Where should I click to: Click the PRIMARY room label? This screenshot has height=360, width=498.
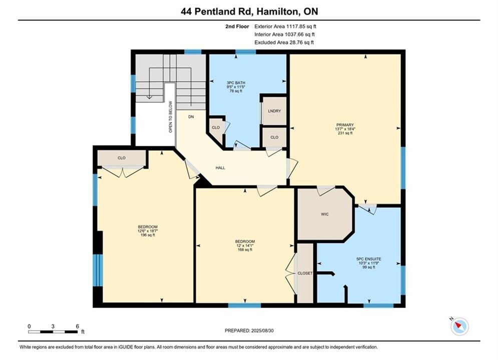coord(345,125)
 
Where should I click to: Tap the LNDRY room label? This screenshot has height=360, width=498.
coord(274,111)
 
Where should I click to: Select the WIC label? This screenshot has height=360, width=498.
coord(325,214)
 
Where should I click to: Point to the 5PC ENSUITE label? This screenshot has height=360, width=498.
coord(369,259)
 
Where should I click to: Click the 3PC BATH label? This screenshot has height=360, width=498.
coord(236,83)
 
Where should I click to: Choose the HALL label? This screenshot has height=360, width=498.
coord(220,168)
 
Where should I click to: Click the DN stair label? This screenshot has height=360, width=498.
coord(191,116)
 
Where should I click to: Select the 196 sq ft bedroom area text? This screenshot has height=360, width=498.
coord(148,235)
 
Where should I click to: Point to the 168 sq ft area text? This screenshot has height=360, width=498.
coord(245,249)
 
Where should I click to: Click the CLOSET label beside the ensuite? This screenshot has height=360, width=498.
coord(305,273)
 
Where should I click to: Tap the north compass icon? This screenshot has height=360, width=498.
coord(459,326)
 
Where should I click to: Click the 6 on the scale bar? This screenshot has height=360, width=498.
coord(77,326)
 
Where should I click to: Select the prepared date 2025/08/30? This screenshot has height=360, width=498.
coord(262,330)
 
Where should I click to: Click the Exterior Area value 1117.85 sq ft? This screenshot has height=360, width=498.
coord(301,26)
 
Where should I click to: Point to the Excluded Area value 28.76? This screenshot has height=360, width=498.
coord(296,42)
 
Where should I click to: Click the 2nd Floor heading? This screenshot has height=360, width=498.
coord(237,26)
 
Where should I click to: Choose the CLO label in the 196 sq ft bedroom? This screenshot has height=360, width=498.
coord(122,158)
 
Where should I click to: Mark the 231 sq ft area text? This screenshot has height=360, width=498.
coord(345,133)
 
